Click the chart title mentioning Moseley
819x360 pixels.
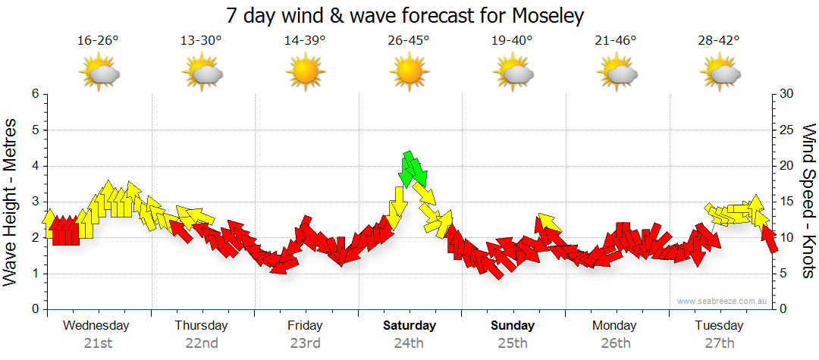[x=405, y=15]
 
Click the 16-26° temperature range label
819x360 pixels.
[x=98, y=41]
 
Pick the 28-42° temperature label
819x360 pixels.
[x=719, y=41]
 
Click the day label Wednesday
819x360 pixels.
[x=96, y=326]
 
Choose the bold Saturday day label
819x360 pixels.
[x=409, y=326]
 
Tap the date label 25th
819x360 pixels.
[x=513, y=343]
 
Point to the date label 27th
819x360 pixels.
[x=719, y=343]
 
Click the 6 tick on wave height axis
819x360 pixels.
[x=34, y=94]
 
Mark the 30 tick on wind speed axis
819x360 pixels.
[x=788, y=94]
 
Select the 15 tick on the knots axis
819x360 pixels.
[x=787, y=202]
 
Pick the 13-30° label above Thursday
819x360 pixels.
[x=201, y=41]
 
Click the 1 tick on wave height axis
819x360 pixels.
[x=34, y=274]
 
